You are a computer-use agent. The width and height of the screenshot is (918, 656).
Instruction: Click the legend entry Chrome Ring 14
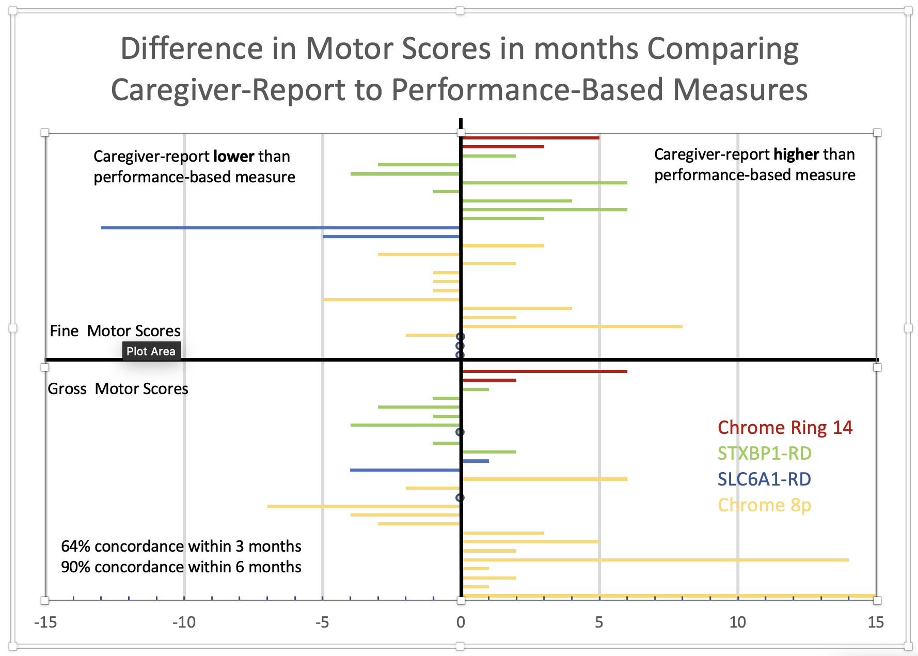tap(784, 428)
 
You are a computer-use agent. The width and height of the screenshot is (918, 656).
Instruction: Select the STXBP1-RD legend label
tap(764, 454)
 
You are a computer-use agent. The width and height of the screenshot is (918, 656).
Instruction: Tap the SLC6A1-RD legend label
tap(764, 479)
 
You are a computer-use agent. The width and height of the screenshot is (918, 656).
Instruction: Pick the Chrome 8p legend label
tap(764, 505)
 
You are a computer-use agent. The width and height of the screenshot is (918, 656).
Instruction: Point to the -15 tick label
tap(45, 622)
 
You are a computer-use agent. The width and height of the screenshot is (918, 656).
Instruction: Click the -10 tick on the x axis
tap(184, 622)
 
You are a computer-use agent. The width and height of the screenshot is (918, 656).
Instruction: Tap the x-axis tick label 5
tap(599, 622)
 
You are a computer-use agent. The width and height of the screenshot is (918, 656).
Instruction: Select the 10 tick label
tap(737, 622)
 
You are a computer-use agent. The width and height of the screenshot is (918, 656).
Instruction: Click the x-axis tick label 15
tap(876, 622)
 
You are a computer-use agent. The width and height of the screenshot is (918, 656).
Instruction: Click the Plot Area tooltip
tap(151, 351)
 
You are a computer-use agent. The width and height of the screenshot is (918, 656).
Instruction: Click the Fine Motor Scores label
tap(115, 331)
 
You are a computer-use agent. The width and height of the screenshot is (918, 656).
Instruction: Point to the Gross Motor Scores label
tap(118, 389)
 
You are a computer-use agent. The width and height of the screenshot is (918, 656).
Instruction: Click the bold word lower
tap(233, 157)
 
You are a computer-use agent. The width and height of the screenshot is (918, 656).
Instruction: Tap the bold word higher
tap(796, 154)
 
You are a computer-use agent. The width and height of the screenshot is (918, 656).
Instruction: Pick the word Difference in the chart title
tap(192, 49)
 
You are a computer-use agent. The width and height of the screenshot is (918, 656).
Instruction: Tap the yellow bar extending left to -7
tap(363, 506)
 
